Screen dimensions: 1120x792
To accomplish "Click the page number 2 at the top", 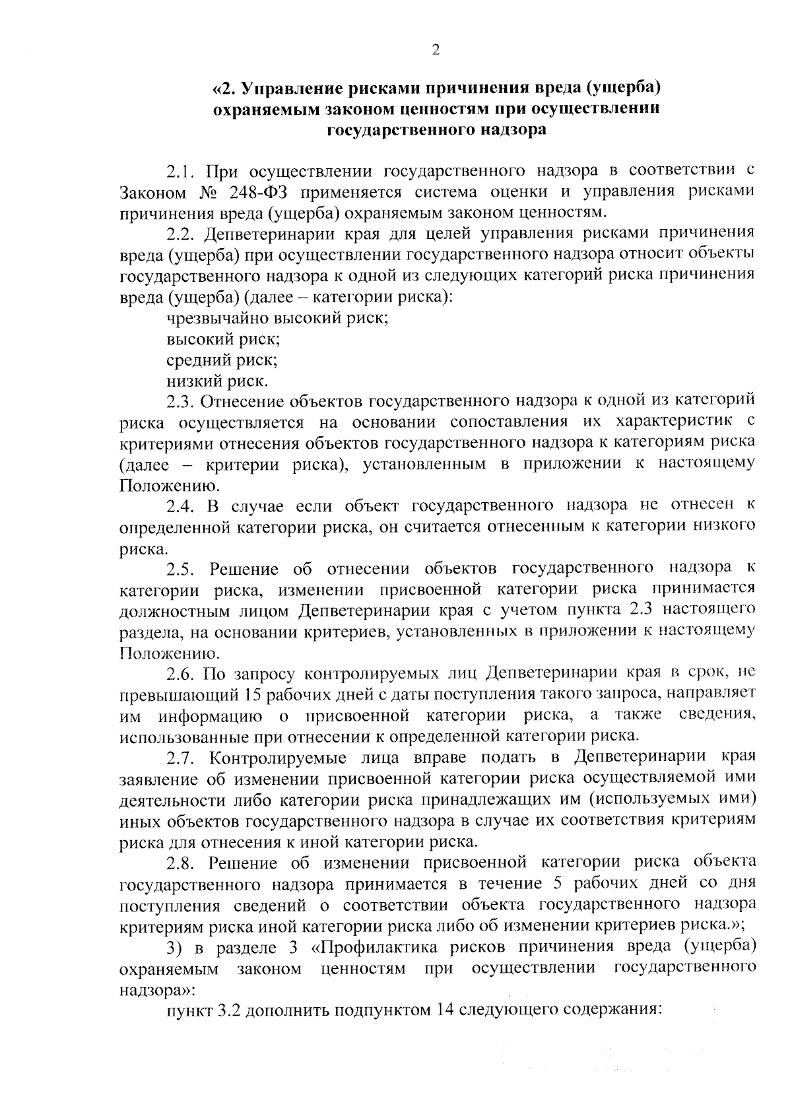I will [434, 49].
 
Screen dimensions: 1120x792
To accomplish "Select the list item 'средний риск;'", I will [222, 360].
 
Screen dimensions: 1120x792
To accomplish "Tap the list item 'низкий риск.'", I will [218, 381].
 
